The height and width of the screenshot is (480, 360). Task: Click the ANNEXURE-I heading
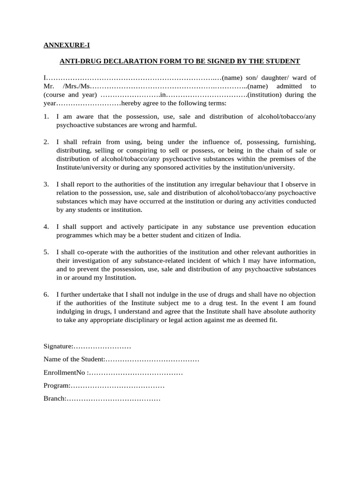(67, 45)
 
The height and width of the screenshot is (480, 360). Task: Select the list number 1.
(46, 117)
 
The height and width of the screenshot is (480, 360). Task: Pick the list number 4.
(46, 226)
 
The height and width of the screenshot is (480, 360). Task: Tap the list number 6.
(46, 294)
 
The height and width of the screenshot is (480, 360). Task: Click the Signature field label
(58, 346)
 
